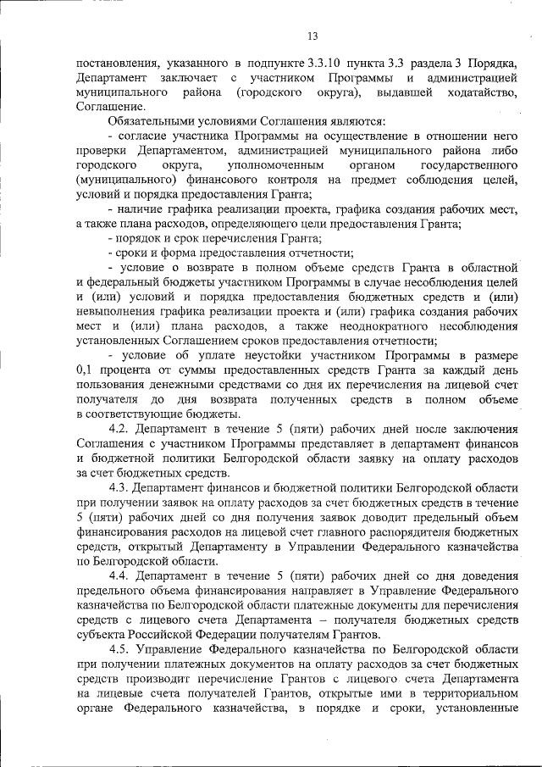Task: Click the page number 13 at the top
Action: coord(312,36)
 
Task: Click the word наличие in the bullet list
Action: coord(145,208)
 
